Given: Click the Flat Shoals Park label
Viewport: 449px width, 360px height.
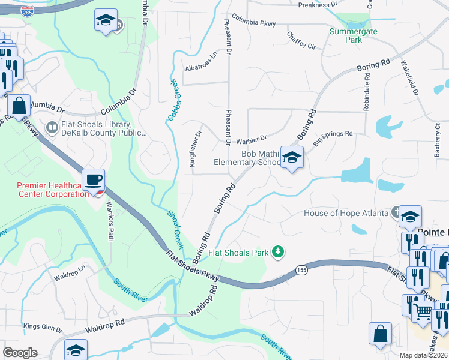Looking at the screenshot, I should (238, 253).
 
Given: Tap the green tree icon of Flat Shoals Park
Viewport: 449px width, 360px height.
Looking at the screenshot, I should (277, 251).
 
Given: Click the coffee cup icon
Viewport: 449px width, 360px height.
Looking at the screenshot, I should (94, 180).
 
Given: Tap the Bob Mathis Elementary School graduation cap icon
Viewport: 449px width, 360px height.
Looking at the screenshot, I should (292, 158).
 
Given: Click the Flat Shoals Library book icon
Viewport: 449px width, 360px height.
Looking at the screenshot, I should (52, 128).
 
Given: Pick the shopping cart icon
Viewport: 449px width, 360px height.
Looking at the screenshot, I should (423, 311).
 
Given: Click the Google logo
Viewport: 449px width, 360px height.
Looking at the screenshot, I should (20, 353).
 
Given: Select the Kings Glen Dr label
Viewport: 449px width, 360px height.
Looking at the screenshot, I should (43, 327).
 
